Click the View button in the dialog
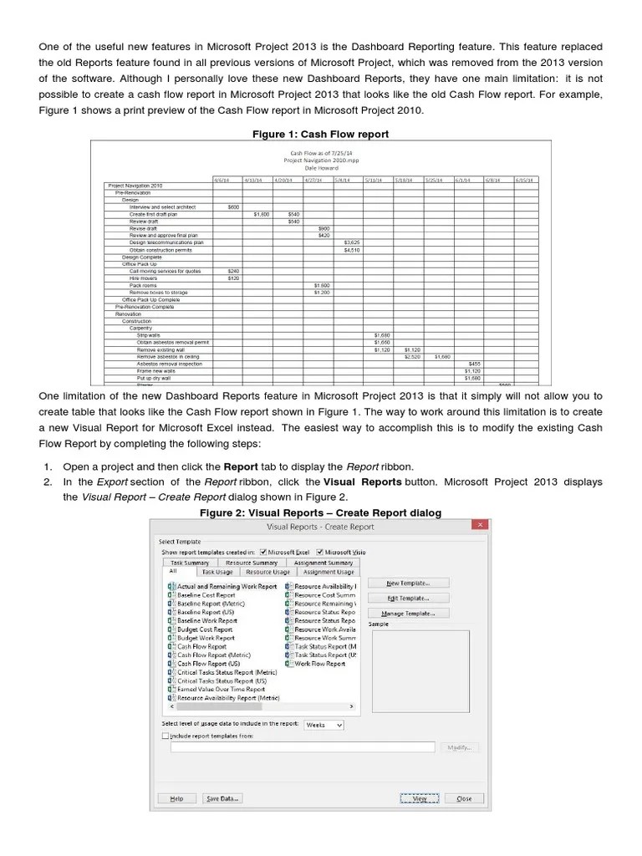(x=420, y=798)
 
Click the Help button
(x=176, y=798)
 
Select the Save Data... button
(x=224, y=798)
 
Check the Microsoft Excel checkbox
(x=264, y=552)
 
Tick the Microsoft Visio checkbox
(x=318, y=552)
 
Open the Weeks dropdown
(x=324, y=725)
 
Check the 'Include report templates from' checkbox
(x=165, y=736)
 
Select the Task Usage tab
(x=218, y=572)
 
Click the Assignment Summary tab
(x=323, y=563)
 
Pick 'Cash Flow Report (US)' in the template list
(x=208, y=664)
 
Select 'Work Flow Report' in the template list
(x=319, y=664)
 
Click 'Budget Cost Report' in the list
(x=206, y=629)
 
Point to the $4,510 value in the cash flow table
(x=352, y=250)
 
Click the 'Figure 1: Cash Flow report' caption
(x=320, y=134)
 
